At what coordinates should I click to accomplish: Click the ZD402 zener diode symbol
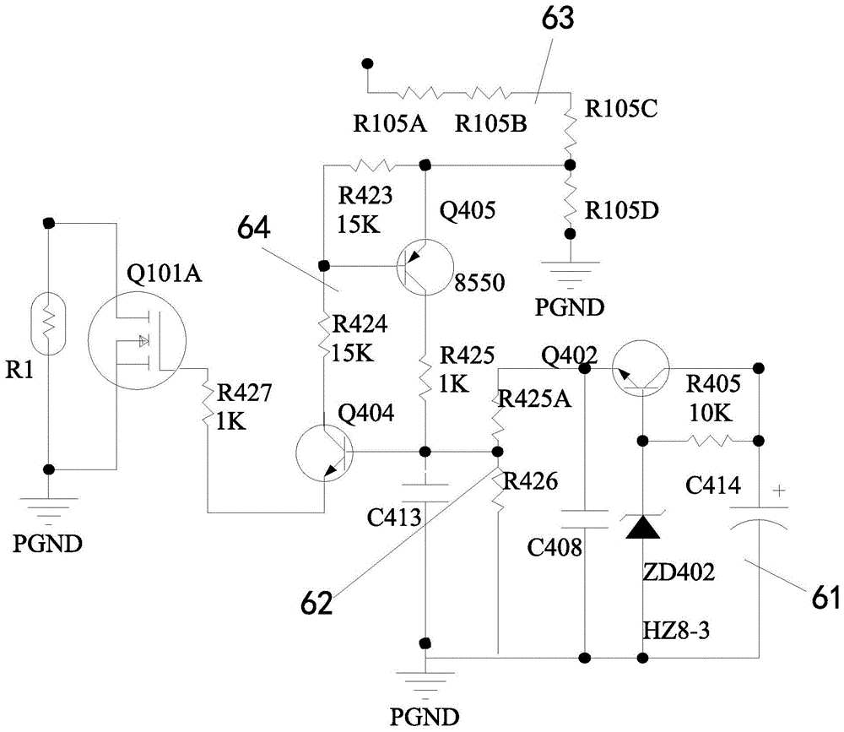(644, 525)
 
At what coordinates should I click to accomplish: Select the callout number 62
(320, 602)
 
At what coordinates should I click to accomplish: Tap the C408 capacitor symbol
(584, 518)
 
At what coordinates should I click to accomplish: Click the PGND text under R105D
(569, 306)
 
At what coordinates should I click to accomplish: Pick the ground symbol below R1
(49, 507)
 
